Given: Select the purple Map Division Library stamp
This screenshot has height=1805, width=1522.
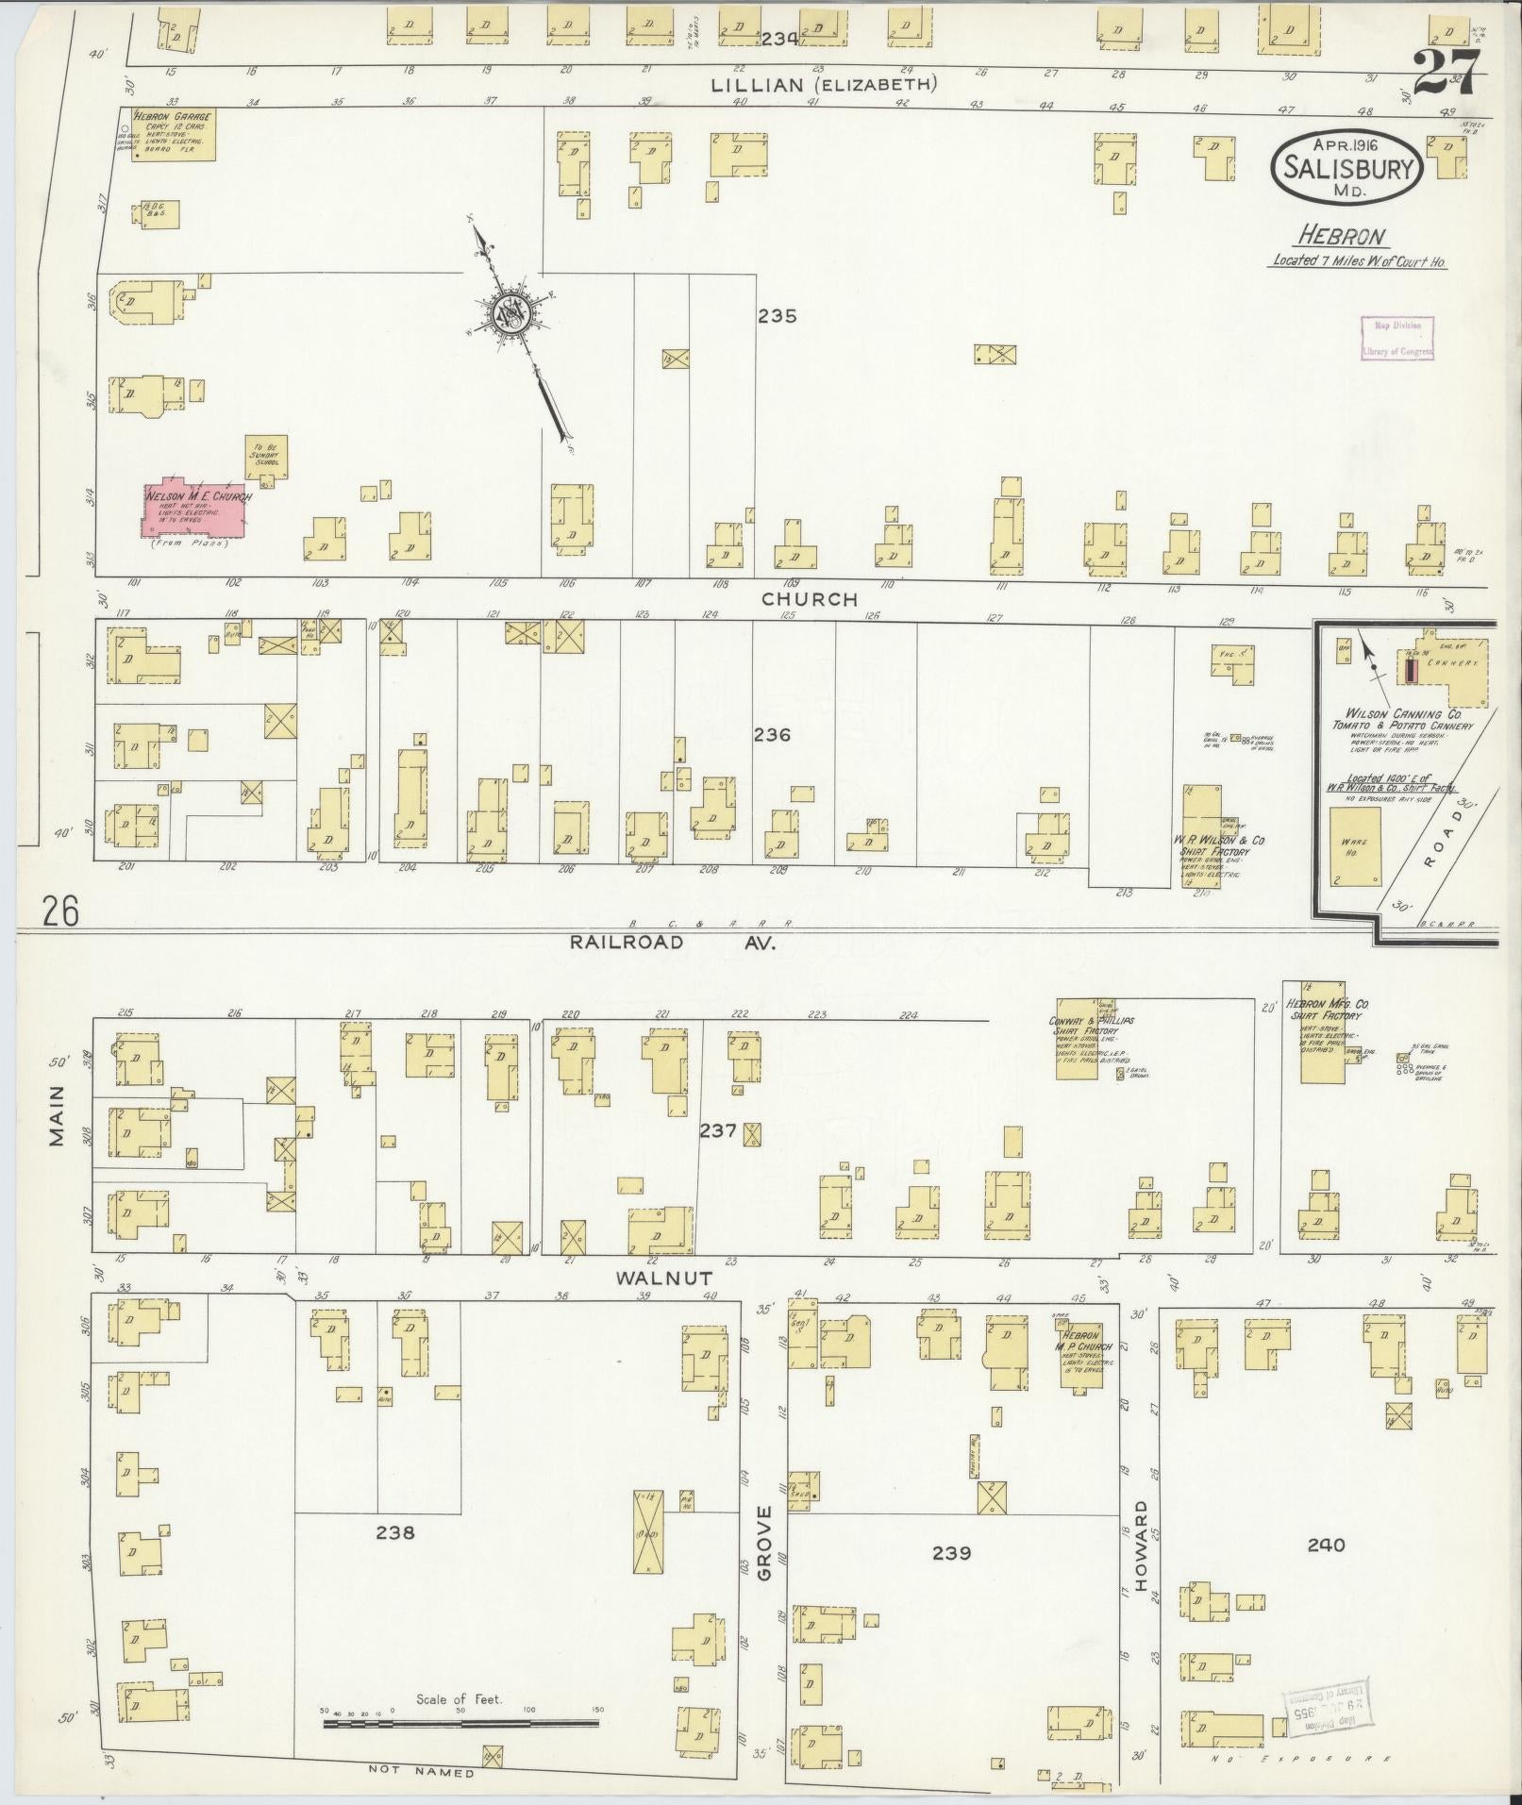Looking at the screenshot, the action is coord(1397,338).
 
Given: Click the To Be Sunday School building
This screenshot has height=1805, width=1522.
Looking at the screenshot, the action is coord(266,460).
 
